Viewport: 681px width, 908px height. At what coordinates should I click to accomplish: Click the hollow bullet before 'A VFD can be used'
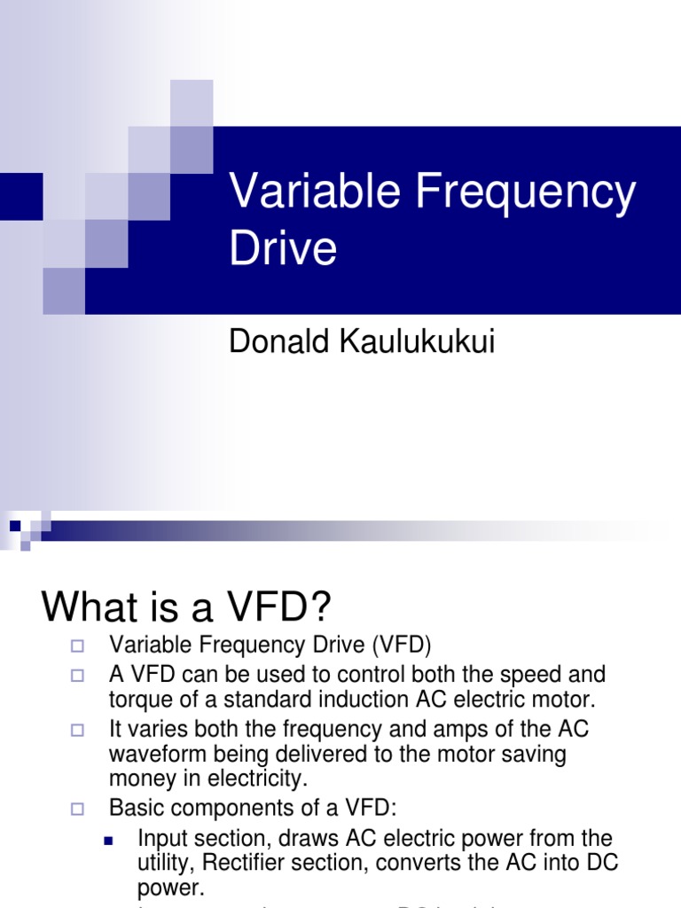tap(77, 676)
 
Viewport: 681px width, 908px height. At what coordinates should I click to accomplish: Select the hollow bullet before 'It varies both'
tap(77, 731)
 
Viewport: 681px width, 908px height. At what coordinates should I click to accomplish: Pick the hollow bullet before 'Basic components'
tap(77, 809)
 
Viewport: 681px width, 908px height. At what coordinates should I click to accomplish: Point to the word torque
tap(137, 699)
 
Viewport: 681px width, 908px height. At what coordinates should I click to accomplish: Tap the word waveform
tap(152, 755)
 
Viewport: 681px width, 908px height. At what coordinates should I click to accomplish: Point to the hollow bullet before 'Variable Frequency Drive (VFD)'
tap(77, 645)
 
